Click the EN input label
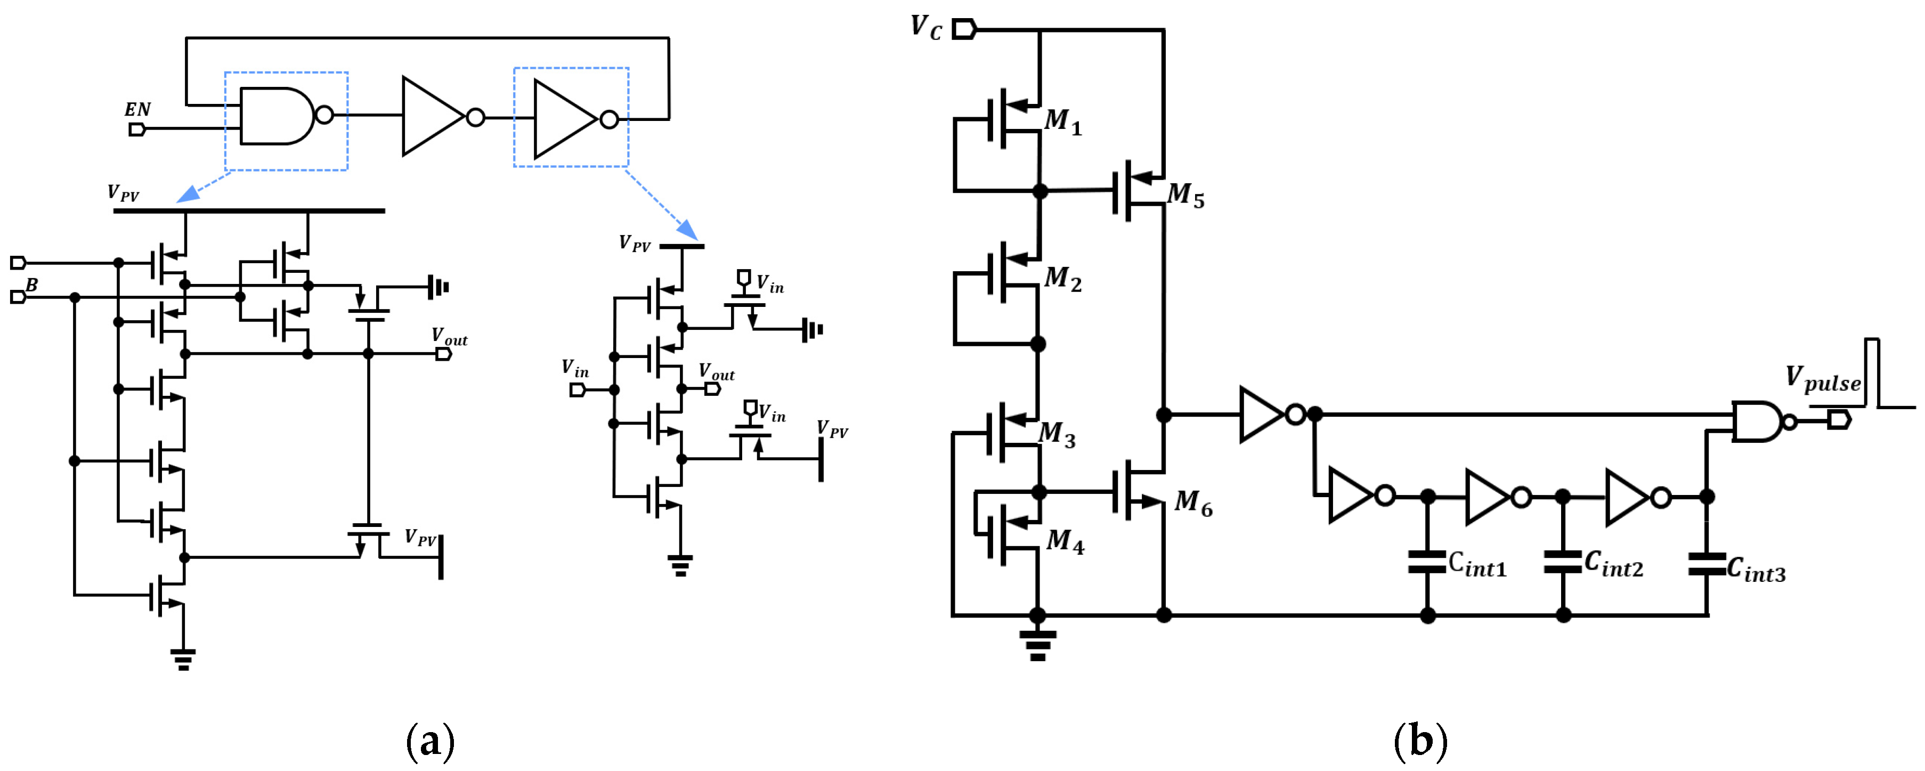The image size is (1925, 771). point(137,109)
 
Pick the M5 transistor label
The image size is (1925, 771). point(1186,196)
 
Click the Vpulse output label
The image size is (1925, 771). point(1823,379)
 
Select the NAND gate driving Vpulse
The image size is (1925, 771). point(1758,421)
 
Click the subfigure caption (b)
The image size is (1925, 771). point(1420,741)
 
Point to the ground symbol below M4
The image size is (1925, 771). point(1037,644)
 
